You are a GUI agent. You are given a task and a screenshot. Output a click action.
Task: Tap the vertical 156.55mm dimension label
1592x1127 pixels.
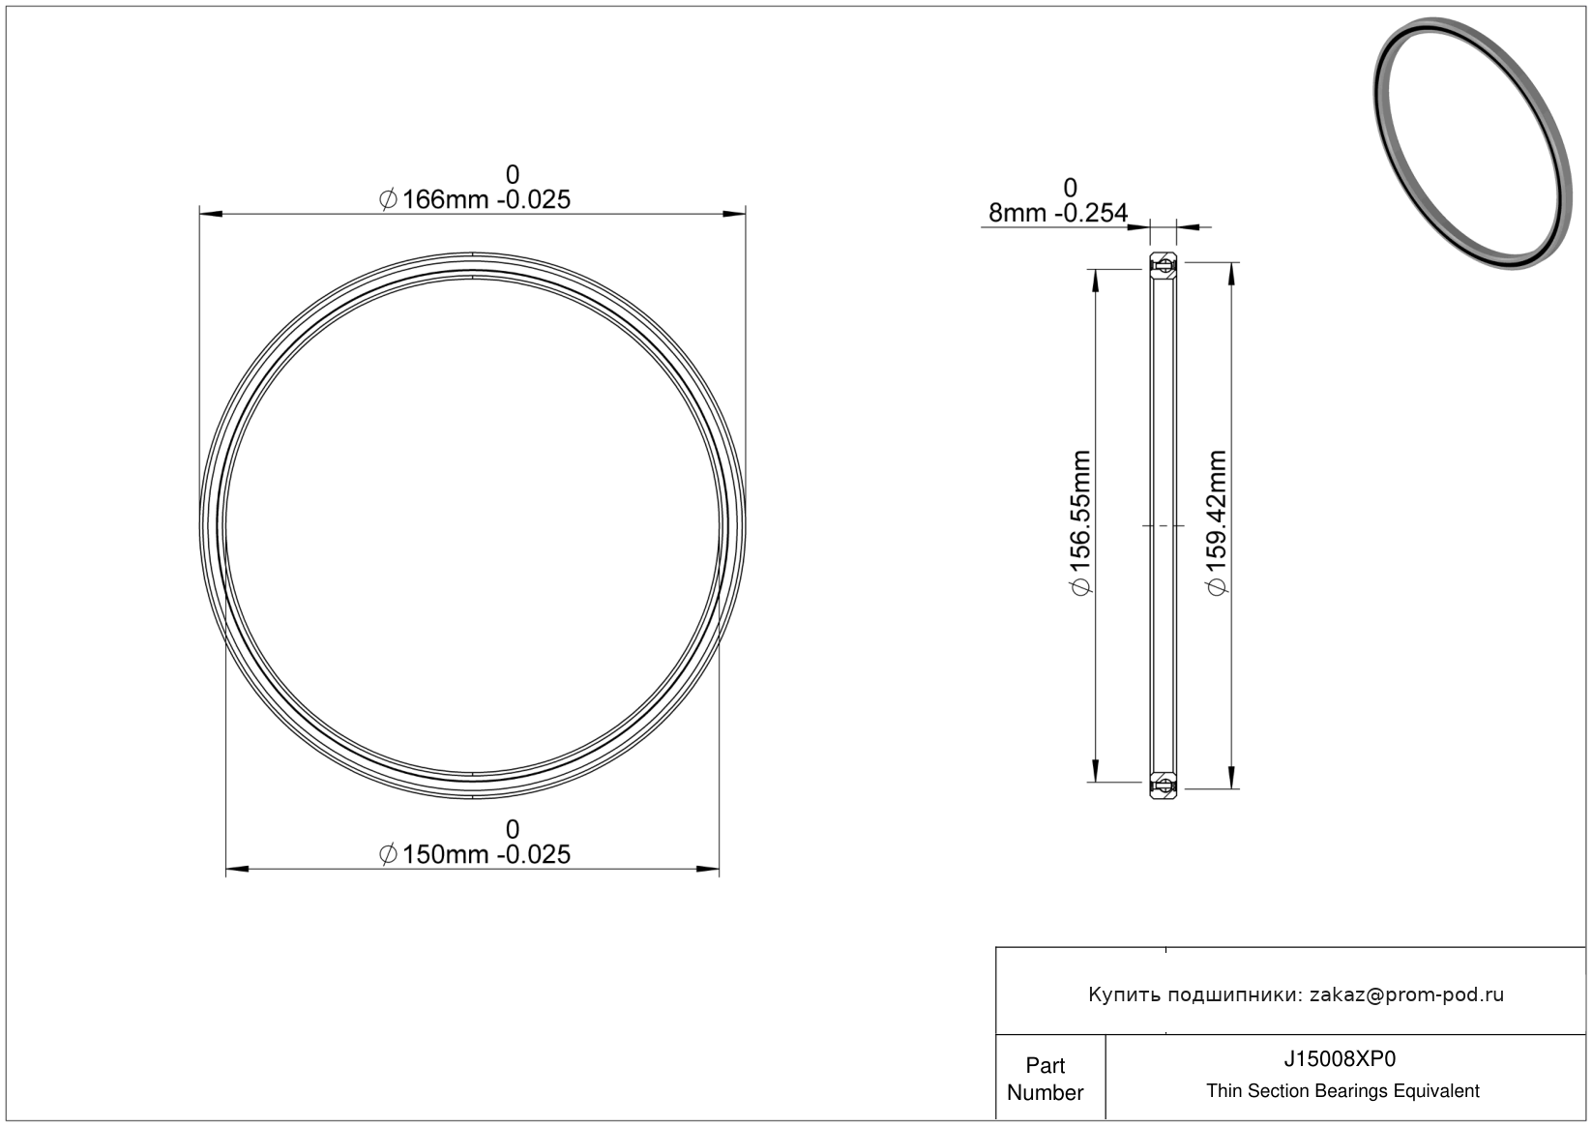coord(1080,522)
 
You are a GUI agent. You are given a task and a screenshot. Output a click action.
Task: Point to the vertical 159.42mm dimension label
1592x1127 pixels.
coord(1217,522)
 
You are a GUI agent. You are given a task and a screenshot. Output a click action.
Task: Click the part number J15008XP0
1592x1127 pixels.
coord(1340,1058)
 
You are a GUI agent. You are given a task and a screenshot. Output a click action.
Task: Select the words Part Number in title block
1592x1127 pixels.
coord(1045,1079)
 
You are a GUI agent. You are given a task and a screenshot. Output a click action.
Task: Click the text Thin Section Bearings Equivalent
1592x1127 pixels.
coord(1342,1091)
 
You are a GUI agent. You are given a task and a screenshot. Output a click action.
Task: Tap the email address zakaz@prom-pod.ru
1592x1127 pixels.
coord(1406,994)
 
